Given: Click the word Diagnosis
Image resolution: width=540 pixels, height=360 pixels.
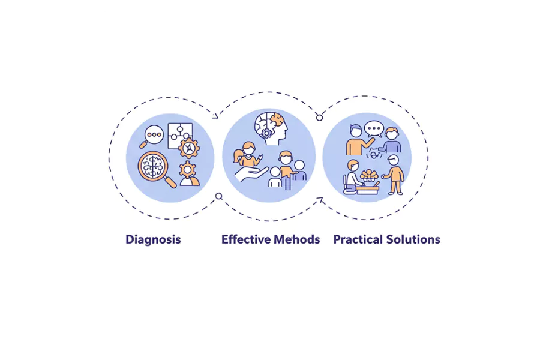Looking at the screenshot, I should pos(153,239).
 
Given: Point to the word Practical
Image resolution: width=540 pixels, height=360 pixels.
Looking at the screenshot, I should pos(358,239).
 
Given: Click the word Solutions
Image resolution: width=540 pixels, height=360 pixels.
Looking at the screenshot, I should pos(413,239).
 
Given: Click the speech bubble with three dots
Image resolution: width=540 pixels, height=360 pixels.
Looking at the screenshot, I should pos(374,128).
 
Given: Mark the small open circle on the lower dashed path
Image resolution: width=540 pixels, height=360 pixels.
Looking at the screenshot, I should pos(219,196).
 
